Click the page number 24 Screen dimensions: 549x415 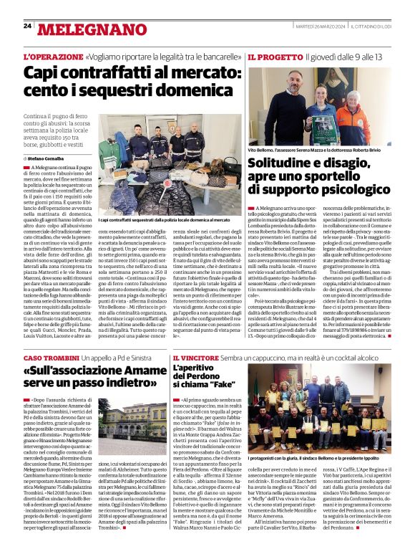27,26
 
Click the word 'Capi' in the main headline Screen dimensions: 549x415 42,73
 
